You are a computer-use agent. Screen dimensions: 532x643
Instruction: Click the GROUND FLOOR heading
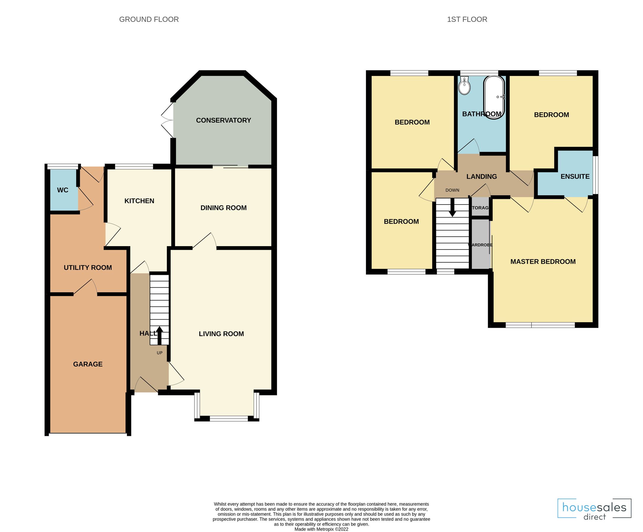[x=149, y=19]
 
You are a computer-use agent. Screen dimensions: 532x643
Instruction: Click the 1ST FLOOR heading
[x=467, y=19]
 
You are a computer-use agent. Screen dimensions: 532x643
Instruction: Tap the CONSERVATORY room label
[x=223, y=120]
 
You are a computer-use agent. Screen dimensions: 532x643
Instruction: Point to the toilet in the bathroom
[x=465, y=86]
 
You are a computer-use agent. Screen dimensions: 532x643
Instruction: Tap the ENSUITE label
[x=575, y=176]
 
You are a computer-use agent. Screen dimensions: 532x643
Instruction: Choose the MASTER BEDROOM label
[x=543, y=261]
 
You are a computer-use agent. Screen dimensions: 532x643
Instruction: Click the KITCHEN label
[x=139, y=201]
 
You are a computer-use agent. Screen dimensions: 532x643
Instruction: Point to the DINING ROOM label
[x=223, y=208]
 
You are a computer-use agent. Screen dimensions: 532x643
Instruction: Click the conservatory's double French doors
[x=167, y=120]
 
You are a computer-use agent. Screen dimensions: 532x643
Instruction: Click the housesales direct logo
[x=594, y=509]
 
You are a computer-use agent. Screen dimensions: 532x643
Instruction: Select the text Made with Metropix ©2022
[x=321, y=529]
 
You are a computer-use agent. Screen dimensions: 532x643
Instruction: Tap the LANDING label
[x=481, y=176]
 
